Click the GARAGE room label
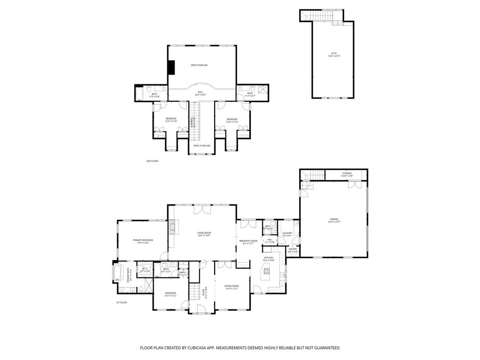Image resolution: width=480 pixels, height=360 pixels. coord(334,219)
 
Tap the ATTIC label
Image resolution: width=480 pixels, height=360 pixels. coord(333,54)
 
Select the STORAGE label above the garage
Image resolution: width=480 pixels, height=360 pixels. coord(346,173)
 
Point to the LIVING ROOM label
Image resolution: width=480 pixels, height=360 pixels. coord(203,233)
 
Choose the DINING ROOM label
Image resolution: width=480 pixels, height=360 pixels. coord(232,286)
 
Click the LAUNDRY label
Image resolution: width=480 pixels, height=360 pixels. coord(287,233)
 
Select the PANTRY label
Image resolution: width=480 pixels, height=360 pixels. coord(292,249)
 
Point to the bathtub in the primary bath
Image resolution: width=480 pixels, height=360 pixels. coord(118,272)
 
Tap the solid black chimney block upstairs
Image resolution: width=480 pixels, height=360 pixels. coord(171,67)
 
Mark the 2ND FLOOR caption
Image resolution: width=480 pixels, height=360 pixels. coord(152,161)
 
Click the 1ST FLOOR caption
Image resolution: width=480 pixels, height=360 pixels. coord(121,302)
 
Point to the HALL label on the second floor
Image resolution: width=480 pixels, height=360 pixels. coord(200,92)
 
